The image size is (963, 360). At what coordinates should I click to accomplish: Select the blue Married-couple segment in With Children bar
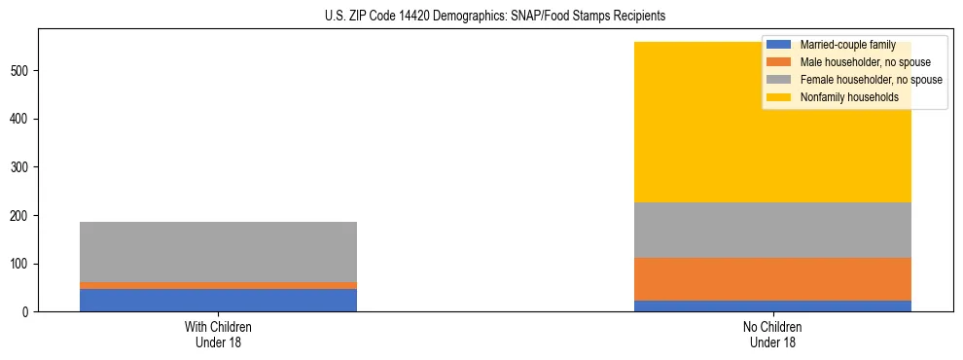(x=218, y=300)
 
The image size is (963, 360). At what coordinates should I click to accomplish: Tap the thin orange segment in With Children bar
(x=218, y=285)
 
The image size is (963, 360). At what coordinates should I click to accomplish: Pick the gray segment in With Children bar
(x=218, y=251)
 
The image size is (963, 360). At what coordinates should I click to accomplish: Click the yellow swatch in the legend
(x=779, y=97)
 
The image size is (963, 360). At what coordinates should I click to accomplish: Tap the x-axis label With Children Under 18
(x=218, y=335)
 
